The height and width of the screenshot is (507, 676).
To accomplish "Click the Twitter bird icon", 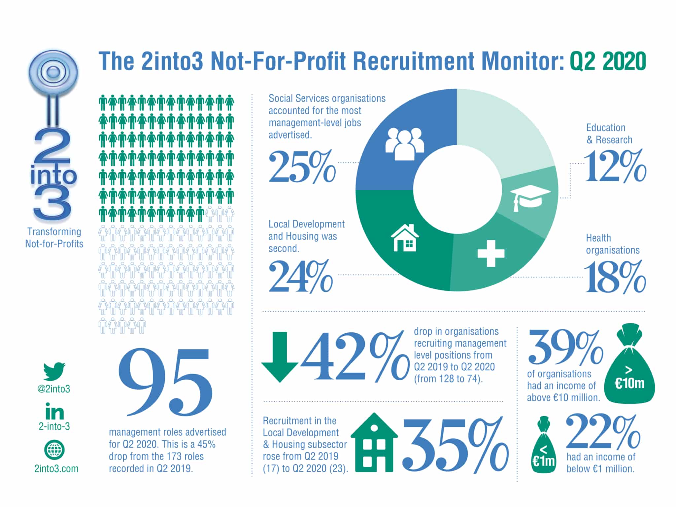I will click(54, 371).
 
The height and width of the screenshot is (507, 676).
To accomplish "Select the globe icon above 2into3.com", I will click(54, 450).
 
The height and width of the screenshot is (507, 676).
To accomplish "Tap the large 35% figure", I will click(456, 444).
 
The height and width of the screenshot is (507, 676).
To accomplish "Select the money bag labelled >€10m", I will click(630, 365).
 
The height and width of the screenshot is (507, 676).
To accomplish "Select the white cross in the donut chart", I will click(491, 253).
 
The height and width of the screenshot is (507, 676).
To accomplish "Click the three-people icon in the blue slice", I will click(405, 144).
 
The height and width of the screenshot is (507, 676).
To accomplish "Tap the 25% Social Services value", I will click(302, 167).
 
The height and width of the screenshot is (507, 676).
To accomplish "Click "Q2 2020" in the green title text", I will click(608, 61).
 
